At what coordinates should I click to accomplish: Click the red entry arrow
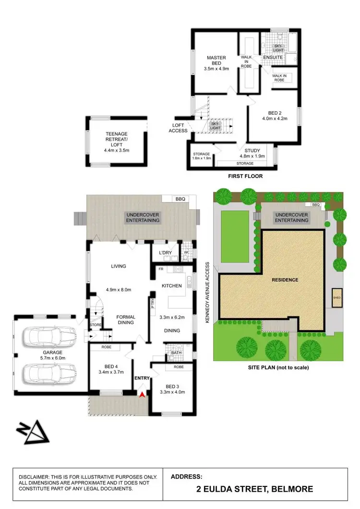pyautogui.click(x=142, y=395)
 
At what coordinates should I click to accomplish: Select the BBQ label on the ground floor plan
pyautogui.click(x=180, y=199)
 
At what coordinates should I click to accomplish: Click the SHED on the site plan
pyautogui.click(x=337, y=297)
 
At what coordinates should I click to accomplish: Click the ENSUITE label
pyautogui.click(x=273, y=58)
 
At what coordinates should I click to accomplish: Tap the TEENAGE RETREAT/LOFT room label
pyautogui.click(x=117, y=139)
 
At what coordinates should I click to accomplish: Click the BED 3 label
pyautogui.click(x=171, y=386)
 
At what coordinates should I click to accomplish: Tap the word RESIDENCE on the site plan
pyautogui.click(x=285, y=280)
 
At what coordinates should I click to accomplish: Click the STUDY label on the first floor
pyautogui.click(x=252, y=151)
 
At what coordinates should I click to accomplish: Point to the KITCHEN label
pyautogui.click(x=171, y=286)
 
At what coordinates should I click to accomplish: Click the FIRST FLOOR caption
pyautogui.click(x=246, y=176)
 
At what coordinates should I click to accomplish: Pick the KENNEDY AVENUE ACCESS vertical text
pyautogui.click(x=208, y=292)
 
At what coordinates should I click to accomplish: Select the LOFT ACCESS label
pyautogui.click(x=178, y=128)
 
